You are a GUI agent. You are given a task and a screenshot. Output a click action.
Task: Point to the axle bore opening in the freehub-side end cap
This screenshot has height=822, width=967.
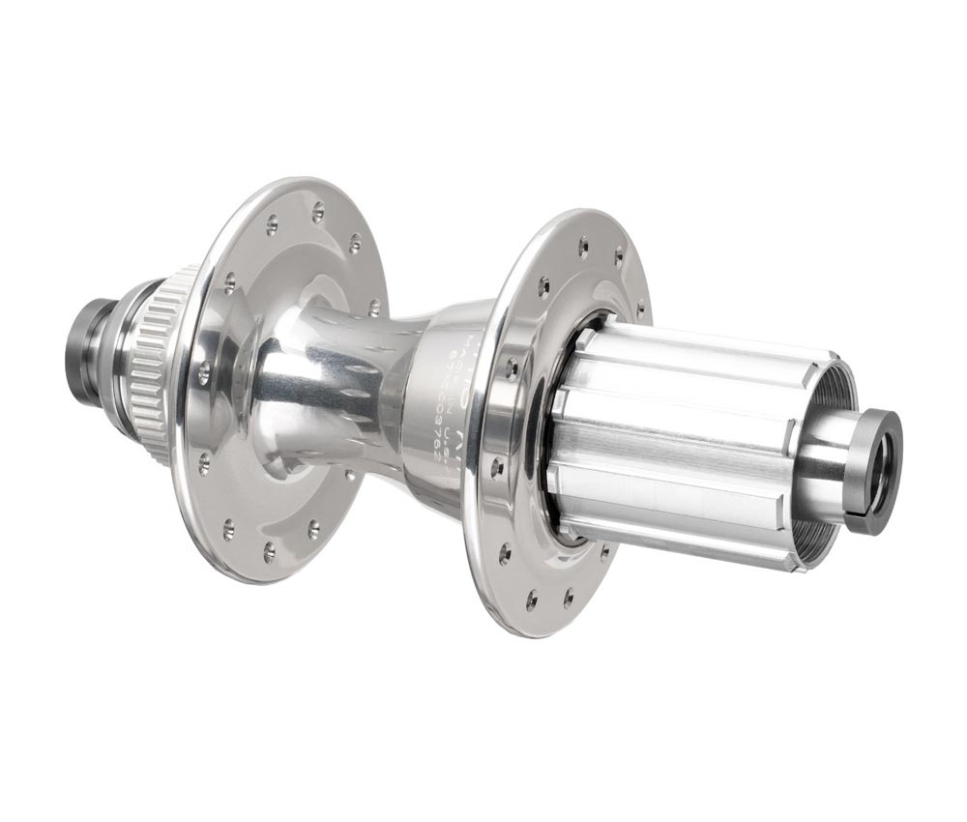[x=878, y=471]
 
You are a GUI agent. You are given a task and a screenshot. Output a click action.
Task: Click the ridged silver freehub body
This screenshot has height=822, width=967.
[x=677, y=435]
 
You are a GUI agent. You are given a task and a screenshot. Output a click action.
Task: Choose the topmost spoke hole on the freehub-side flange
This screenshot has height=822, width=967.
[x=583, y=246]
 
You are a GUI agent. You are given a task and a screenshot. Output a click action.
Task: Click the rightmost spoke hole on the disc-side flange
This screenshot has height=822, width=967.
[x=374, y=308]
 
